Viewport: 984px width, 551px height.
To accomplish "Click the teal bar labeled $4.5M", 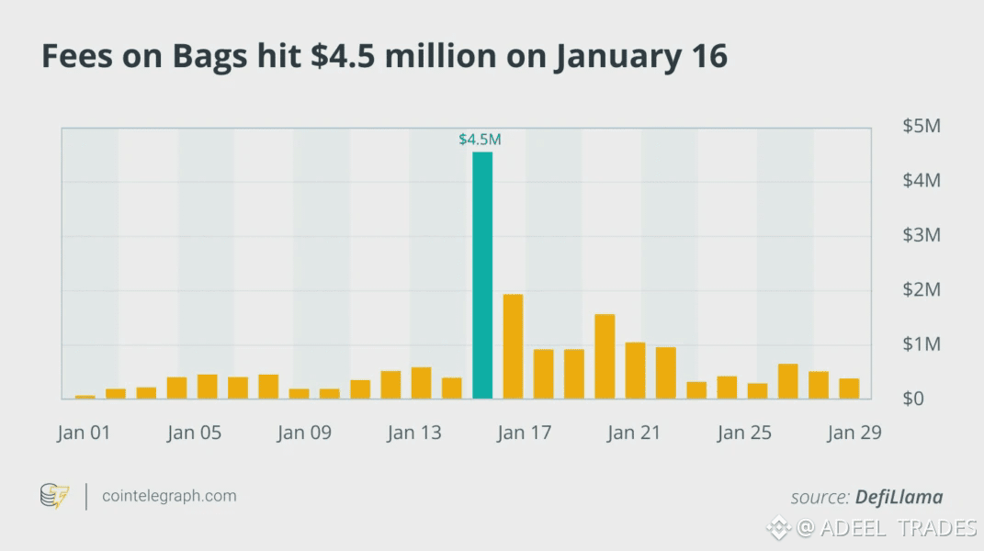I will click(x=482, y=275).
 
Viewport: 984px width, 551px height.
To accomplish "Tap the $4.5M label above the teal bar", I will click(x=480, y=140).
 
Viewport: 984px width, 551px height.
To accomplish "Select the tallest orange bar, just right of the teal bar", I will click(x=513, y=347).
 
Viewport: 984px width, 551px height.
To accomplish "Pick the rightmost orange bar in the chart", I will click(x=849, y=388).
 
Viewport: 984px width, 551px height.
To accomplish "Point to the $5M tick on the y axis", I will click(x=922, y=126).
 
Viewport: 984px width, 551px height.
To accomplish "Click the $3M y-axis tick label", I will click(x=922, y=235).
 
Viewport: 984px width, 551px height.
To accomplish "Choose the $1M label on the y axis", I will click(x=922, y=344).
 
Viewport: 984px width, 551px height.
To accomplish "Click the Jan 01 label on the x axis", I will click(x=83, y=433).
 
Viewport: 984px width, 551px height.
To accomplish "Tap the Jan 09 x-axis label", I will click(x=303, y=433).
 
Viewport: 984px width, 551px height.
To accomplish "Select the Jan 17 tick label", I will click(x=524, y=433).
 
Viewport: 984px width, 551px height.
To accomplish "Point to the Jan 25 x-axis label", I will click(x=744, y=433).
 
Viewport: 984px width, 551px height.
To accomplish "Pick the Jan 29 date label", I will click(x=854, y=433).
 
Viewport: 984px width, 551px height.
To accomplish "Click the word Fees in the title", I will click(x=74, y=57).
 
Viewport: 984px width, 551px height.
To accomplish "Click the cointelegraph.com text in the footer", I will click(x=169, y=496).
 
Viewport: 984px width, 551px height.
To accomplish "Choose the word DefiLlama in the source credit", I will click(x=899, y=497).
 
